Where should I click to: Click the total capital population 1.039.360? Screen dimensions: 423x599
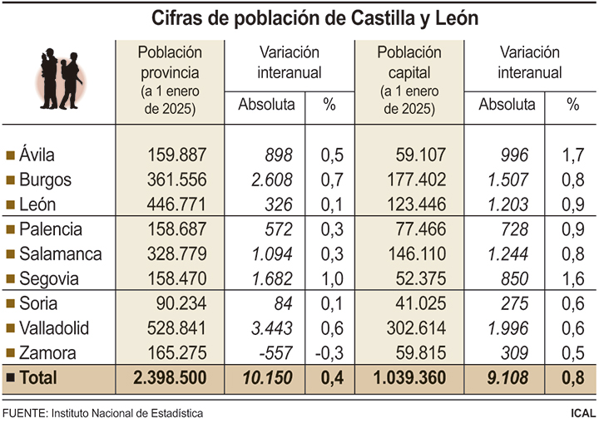pos(404,378)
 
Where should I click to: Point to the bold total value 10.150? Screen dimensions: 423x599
pos(268,378)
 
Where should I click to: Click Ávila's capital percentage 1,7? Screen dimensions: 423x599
pos(572,154)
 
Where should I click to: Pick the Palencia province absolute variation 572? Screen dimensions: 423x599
pos(278,229)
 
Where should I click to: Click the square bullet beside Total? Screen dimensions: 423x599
pos(11,378)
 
